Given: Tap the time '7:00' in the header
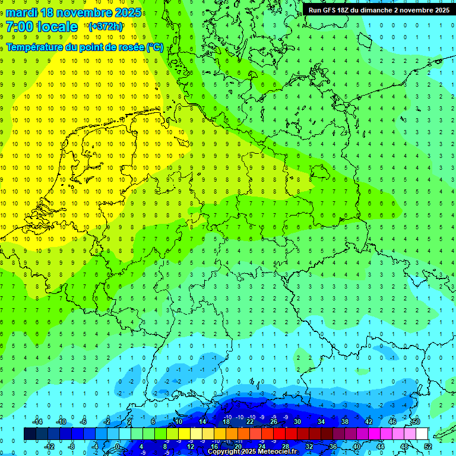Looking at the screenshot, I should pos(19,27).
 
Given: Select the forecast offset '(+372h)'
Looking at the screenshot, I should pos(105,27).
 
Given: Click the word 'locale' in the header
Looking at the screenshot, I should pos(57,27).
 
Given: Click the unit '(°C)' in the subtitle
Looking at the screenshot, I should pos(155,47).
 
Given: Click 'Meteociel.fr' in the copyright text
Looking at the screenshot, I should pos(277,452).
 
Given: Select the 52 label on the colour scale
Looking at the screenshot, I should pos(428,446).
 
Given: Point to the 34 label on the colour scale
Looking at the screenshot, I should pos(321,422).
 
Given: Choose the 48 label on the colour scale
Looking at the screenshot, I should pos(404,446).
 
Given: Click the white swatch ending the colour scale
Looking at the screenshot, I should pos(422,434).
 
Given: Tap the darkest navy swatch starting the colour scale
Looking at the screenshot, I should pos(30,434).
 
